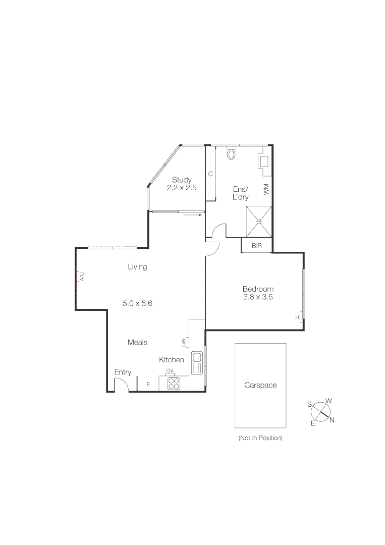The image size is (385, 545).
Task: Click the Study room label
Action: tap(181, 180)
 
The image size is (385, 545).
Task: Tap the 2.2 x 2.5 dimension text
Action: tap(182, 187)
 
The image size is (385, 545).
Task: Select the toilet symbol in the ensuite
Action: tap(232, 153)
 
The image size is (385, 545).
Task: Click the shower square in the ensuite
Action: tap(259, 221)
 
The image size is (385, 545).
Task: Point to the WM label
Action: tap(266, 190)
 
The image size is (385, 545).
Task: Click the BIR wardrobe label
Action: tap(257, 246)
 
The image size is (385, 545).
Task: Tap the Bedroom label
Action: tap(257, 289)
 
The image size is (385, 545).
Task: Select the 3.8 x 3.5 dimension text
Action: tap(257, 297)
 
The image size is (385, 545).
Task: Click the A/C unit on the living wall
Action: tap(80, 277)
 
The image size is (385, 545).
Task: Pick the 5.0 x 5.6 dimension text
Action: tap(137, 303)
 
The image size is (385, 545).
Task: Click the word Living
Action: tap(137, 267)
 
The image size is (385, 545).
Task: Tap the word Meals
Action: tap(137, 342)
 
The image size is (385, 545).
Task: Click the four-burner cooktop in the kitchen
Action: tap(174, 384)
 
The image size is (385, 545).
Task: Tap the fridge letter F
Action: tap(148, 385)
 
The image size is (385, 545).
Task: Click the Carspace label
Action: tap(260, 385)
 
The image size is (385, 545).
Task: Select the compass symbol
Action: tap(320, 412)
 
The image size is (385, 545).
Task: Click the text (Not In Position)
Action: tap(260, 438)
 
